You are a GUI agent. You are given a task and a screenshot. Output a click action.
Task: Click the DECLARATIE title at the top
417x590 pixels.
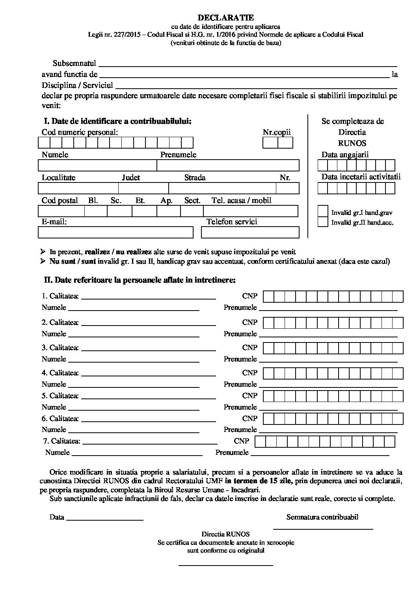pyautogui.click(x=225, y=18)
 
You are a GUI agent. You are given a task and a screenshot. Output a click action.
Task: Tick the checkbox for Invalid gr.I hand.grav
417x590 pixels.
pyautogui.click(x=323, y=212)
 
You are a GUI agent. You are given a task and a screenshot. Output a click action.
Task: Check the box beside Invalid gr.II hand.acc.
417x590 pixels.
pyautogui.click(x=323, y=222)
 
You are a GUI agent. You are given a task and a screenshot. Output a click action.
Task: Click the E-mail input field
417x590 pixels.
pyautogui.click(x=115, y=233)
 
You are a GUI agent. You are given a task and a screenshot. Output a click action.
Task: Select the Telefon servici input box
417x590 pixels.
pyautogui.click(x=250, y=233)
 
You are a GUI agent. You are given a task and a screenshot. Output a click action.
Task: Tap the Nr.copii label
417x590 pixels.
pyautogui.click(x=277, y=132)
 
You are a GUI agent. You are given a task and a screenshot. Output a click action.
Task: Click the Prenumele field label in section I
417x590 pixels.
pyautogui.click(x=178, y=154)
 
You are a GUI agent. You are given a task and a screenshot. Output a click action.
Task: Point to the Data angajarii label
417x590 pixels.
pyautogui.click(x=345, y=154)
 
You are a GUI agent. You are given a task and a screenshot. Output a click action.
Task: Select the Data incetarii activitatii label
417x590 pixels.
pyautogui.click(x=361, y=177)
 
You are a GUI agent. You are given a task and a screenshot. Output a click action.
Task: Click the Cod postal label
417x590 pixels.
pyautogui.click(x=60, y=200)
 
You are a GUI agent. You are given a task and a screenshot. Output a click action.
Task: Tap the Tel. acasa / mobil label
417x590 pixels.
pyautogui.click(x=241, y=200)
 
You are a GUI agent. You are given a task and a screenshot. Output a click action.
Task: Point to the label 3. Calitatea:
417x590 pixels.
pyautogui.click(x=60, y=348)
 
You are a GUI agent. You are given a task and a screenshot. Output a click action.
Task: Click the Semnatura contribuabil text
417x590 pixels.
pyautogui.click(x=322, y=517)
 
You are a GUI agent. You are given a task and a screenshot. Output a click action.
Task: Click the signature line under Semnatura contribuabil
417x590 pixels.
pyautogui.click(x=323, y=528)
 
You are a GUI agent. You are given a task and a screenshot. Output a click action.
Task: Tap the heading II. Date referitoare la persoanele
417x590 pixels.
pyautogui.click(x=140, y=280)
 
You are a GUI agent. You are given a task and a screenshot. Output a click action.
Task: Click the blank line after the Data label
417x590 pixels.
pyautogui.click(x=104, y=520)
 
